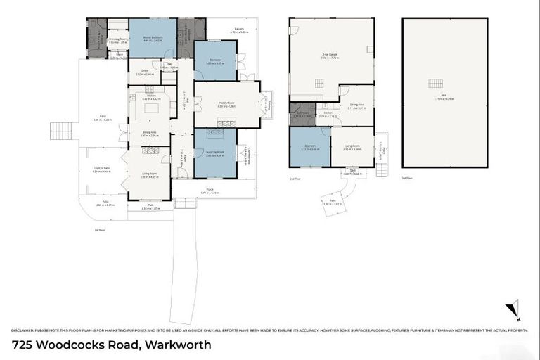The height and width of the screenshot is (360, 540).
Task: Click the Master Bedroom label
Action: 153,39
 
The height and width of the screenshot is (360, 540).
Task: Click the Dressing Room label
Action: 117,39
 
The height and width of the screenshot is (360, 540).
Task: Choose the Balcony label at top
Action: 239,30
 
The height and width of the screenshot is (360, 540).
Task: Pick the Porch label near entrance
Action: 210,191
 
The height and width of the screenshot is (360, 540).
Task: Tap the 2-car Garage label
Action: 330,56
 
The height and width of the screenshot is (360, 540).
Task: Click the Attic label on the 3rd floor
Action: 443,97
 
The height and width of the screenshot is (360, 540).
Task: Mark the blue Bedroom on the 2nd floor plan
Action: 309,147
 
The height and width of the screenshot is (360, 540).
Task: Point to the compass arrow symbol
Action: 514,309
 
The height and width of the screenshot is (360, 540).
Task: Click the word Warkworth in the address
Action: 178,345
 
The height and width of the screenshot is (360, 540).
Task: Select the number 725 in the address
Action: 23,345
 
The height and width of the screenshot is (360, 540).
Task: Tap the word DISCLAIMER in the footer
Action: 26,330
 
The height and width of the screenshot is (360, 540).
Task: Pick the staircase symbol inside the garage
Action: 319,83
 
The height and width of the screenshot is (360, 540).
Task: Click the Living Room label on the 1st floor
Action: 148,175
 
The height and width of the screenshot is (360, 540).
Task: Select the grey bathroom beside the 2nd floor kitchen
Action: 302,114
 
